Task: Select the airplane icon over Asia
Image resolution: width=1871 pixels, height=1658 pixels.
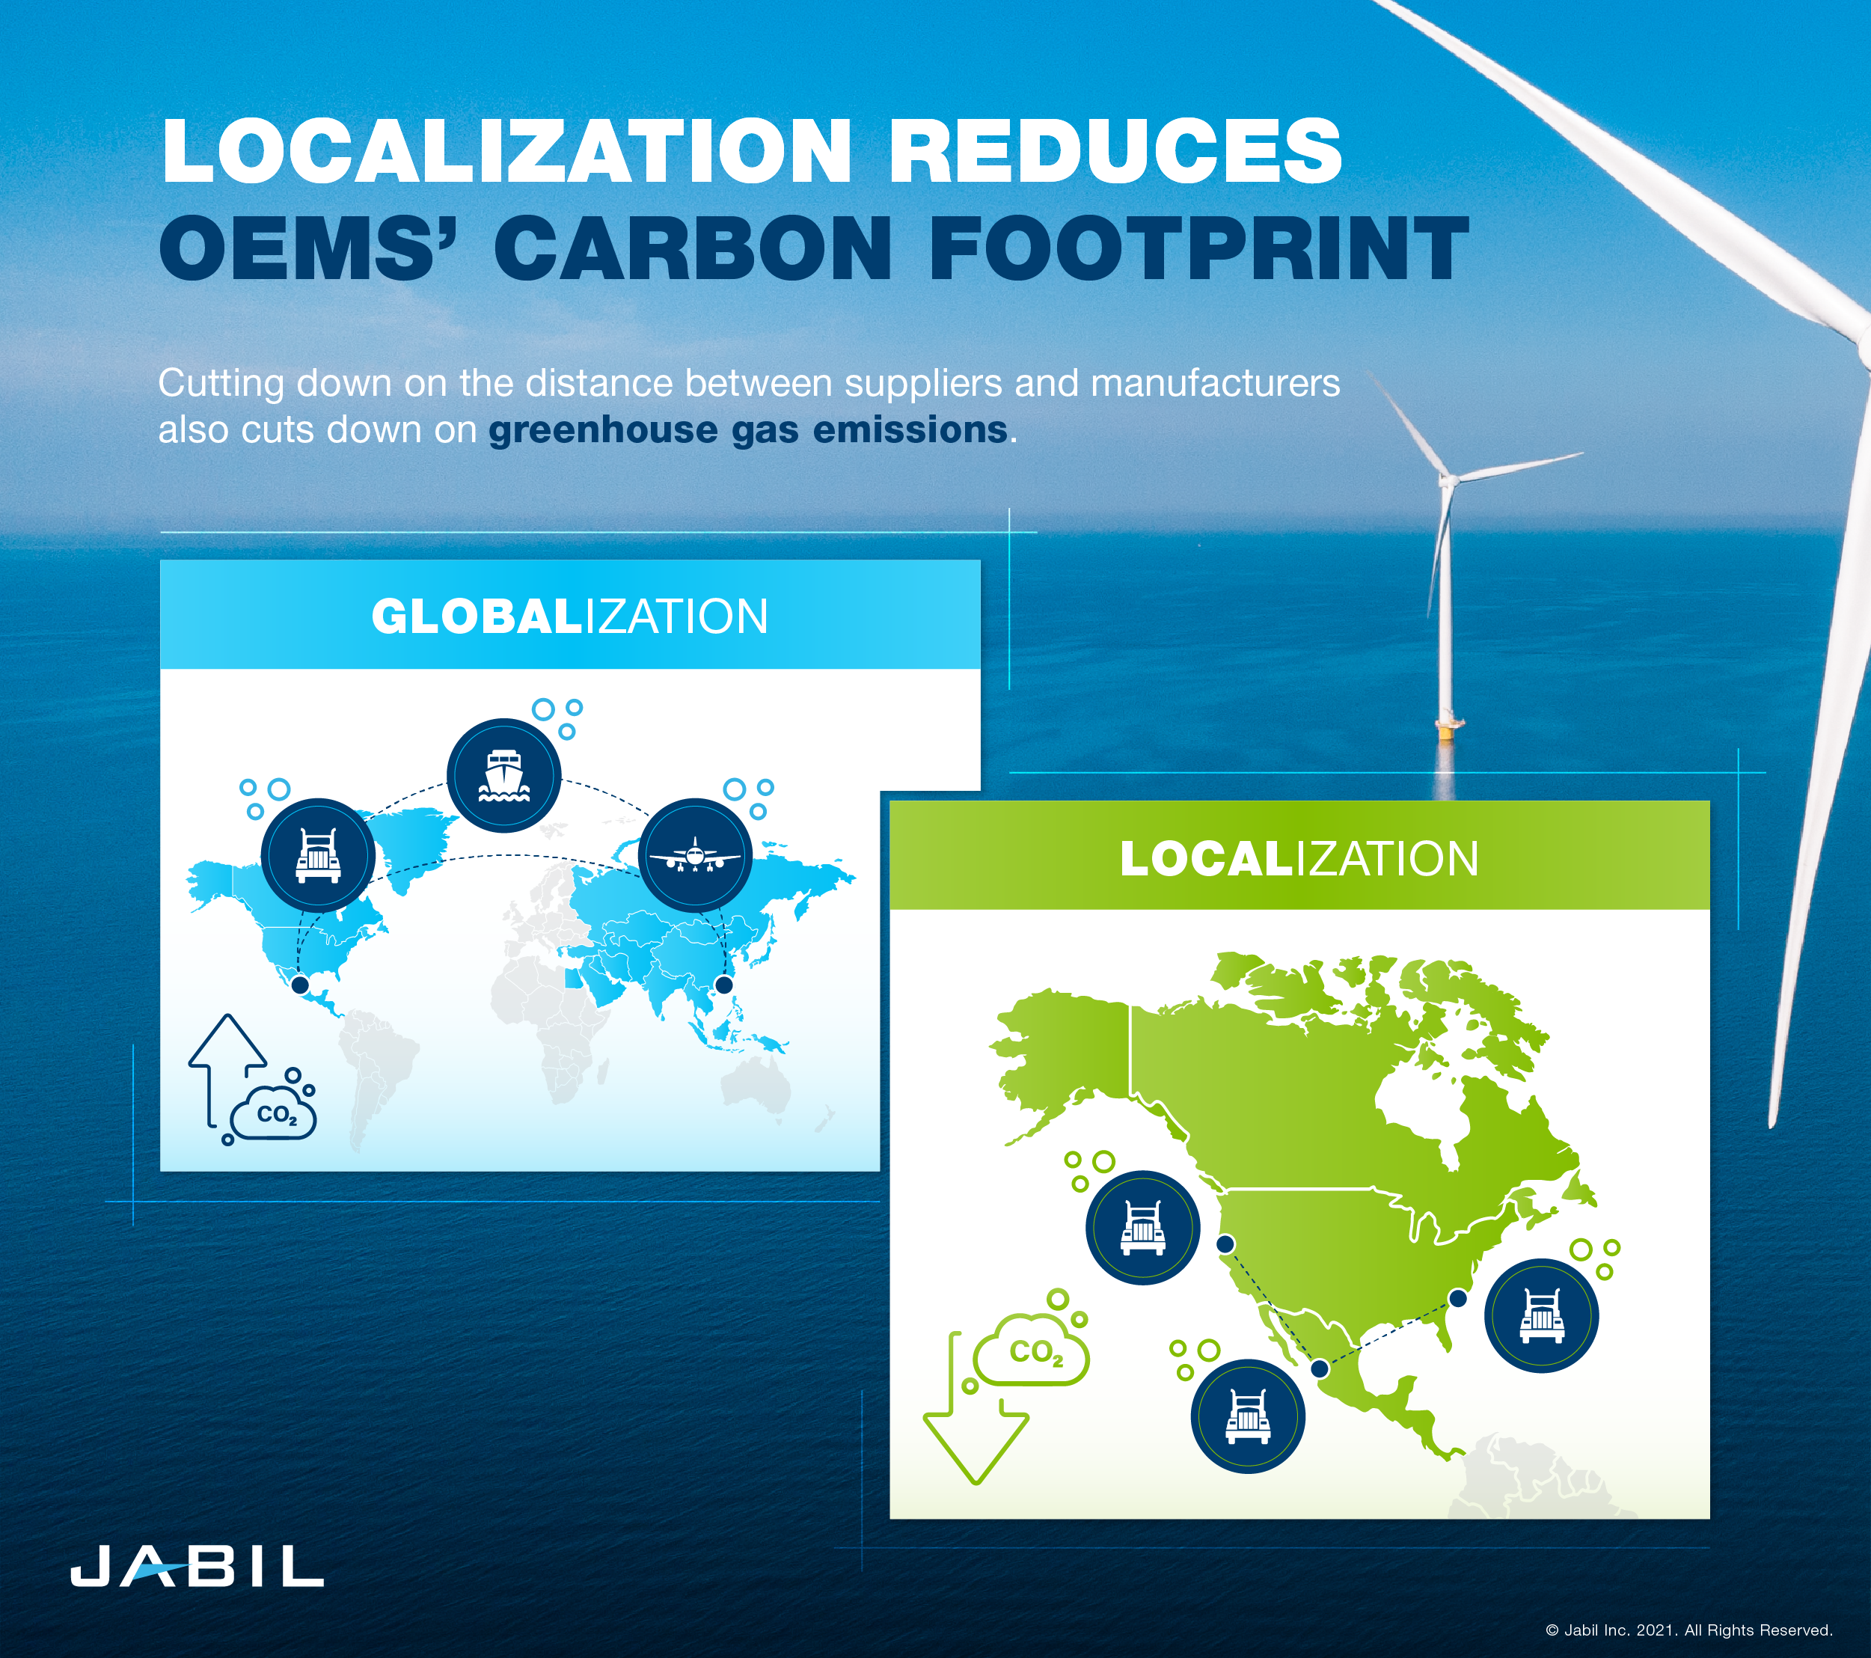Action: pos(695,855)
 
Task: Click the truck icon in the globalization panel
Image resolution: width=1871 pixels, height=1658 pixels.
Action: pos(318,855)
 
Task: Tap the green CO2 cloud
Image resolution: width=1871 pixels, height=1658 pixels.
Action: pos(1032,1351)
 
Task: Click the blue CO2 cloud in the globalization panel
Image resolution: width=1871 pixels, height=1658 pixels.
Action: pos(275,1113)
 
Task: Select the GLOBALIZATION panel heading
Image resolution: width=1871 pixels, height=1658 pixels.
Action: pos(569,617)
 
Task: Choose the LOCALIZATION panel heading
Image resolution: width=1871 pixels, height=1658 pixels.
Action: pos(1298,859)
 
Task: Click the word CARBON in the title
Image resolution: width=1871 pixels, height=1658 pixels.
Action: pos(693,248)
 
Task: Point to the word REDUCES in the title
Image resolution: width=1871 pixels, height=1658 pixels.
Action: pos(1115,151)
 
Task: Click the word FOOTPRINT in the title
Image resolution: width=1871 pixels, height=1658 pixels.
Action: pos(1199,248)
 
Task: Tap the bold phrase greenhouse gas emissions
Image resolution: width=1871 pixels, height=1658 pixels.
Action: pos(748,429)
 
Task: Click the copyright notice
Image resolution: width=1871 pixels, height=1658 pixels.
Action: pos(1689,1630)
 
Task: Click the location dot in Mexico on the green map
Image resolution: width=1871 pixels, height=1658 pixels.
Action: pos(1319,1368)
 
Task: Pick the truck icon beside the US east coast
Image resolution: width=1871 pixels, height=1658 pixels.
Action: pos(1542,1315)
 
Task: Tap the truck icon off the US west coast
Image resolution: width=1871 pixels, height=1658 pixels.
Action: pos(1142,1228)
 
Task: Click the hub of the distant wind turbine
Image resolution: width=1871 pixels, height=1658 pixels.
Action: pos(1447,478)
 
